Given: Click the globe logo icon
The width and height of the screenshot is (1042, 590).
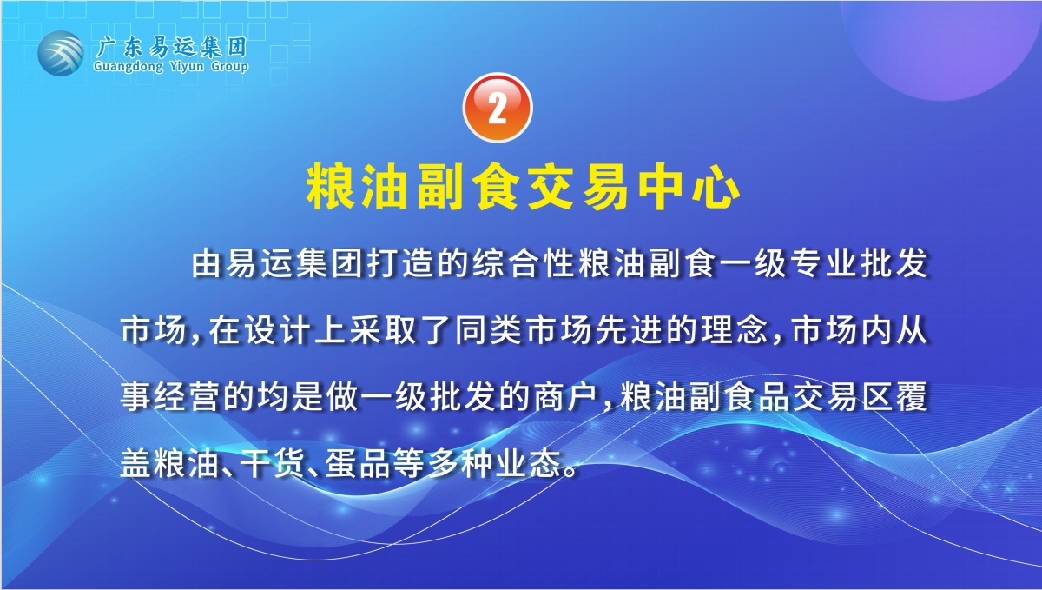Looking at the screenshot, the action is [x=61, y=53].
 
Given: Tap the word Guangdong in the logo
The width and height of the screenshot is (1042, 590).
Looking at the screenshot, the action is [x=129, y=67].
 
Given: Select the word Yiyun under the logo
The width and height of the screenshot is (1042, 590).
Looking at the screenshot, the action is [x=187, y=67].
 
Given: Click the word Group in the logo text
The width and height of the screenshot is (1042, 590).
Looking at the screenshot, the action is [x=229, y=67].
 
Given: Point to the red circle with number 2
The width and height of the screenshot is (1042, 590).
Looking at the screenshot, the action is [x=498, y=108].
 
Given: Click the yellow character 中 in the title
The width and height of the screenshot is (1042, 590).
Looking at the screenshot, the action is [x=661, y=186].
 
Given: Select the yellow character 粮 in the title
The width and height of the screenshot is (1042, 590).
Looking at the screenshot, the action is [x=328, y=186].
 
